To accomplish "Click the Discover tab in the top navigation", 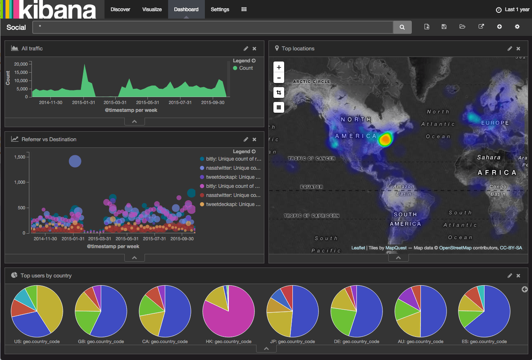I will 120,9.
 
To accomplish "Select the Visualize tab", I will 152,9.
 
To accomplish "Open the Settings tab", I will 220,9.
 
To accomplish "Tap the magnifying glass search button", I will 402,27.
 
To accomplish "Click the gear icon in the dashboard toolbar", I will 517,27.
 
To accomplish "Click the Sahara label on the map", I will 489,157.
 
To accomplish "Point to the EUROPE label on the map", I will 495,123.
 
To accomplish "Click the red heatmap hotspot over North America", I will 385,139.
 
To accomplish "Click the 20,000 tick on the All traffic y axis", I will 21,64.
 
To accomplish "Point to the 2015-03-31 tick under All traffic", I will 115,102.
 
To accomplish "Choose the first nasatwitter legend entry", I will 233,168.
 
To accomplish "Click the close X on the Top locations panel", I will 518,49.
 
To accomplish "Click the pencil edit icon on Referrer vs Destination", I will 246,140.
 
